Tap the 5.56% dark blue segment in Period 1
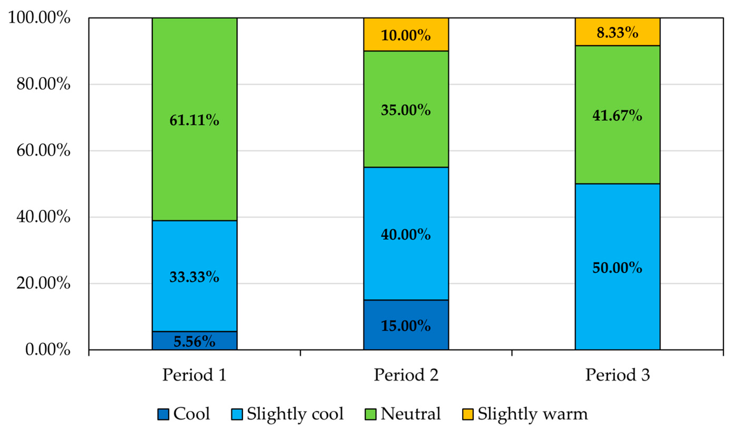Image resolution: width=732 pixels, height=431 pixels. [x=194, y=340]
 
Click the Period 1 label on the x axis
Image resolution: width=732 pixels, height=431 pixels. [x=194, y=375]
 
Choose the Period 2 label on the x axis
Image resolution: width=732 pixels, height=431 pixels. [x=406, y=375]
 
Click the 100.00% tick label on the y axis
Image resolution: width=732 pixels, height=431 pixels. [x=39, y=18]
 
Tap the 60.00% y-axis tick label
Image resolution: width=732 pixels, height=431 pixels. [x=43, y=150]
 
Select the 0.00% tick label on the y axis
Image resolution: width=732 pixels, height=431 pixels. [x=48, y=349]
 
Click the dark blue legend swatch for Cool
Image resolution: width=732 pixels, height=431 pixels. [x=163, y=414]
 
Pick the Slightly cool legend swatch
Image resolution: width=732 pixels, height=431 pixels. [x=237, y=414]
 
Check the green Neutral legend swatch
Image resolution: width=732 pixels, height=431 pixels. [x=370, y=414]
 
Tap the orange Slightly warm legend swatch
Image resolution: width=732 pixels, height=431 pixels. [x=467, y=414]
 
